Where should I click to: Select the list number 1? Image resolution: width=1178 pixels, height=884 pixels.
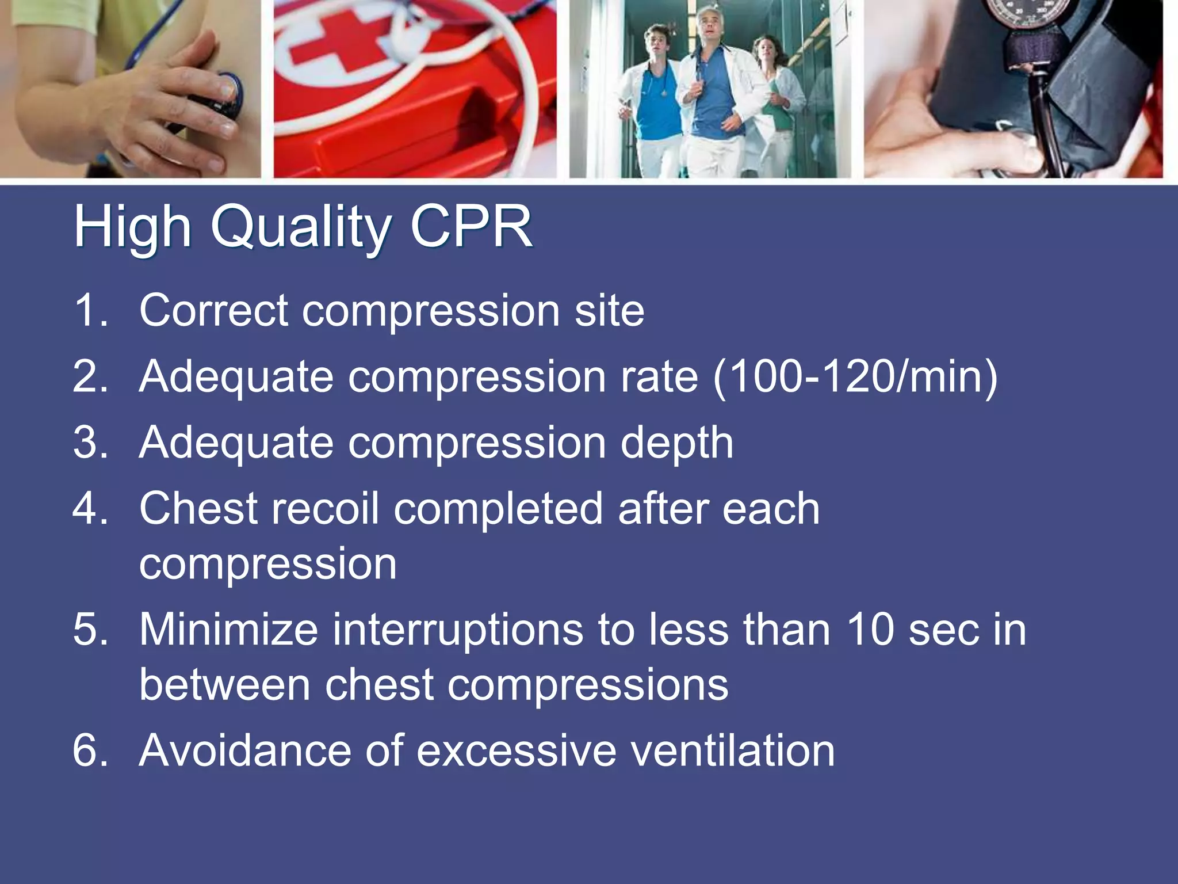90,310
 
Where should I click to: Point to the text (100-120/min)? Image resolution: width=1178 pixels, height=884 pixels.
855,377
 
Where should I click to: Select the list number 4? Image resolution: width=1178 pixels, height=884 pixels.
90,509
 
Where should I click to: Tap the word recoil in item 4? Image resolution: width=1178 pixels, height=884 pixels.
326,509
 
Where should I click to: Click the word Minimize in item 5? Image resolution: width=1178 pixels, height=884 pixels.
228,630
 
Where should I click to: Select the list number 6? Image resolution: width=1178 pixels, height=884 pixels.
90,750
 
